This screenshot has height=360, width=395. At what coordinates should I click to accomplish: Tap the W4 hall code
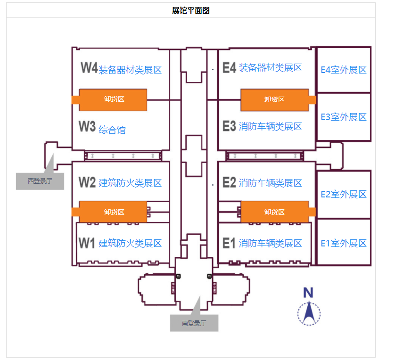[89, 68]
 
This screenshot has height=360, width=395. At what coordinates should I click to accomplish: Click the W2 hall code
[87, 183]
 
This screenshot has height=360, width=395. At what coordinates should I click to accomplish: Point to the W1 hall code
[87, 243]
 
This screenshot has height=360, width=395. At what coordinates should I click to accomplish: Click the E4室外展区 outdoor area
[344, 70]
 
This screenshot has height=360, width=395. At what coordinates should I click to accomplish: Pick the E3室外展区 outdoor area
[344, 117]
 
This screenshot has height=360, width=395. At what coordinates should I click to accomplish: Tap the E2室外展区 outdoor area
[344, 194]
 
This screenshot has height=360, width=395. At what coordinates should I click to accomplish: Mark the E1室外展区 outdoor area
[344, 243]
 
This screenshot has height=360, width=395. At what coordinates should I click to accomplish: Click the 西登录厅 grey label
[40, 181]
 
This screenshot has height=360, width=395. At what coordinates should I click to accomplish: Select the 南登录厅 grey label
[194, 323]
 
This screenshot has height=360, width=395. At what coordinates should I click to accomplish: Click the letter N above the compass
[308, 292]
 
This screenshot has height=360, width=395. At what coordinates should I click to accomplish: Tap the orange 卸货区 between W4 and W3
[113, 99]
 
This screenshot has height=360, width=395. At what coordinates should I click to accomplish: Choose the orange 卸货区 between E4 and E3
[274, 99]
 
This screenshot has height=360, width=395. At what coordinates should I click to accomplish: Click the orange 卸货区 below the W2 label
[113, 212]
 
